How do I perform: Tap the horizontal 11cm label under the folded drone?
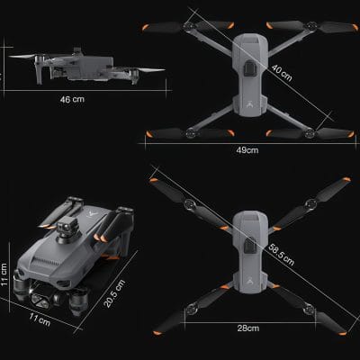[x=38, y=319]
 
